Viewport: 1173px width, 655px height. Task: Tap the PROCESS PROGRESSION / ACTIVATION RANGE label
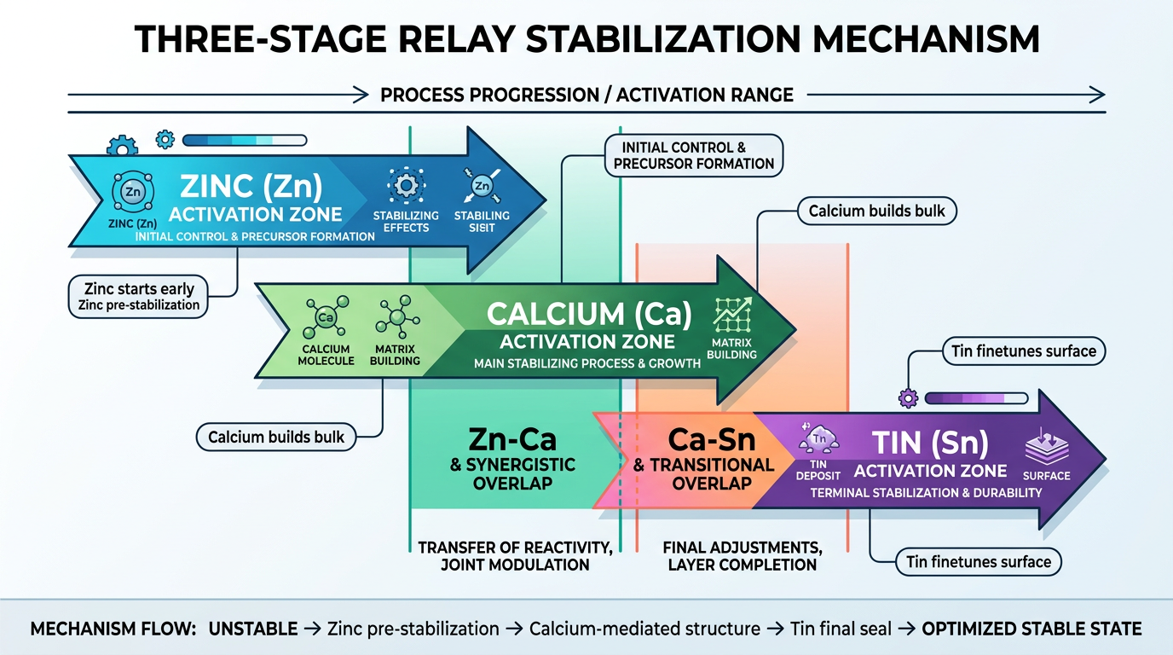pyautogui.click(x=586, y=94)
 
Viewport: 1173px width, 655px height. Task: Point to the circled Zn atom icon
pyautogui.click(x=133, y=192)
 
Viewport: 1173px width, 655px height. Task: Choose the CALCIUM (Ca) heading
pyautogui.click(x=587, y=315)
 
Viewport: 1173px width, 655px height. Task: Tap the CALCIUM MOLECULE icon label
pyautogui.click(x=325, y=355)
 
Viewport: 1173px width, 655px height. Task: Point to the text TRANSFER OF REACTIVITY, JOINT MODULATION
pyautogui.click(x=515, y=555)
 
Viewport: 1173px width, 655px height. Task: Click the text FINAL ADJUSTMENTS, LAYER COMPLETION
pyautogui.click(x=742, y=555)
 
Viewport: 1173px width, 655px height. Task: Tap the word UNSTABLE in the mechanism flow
pyautogui.click(x=253, y=629)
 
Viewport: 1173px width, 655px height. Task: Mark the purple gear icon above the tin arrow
pyautogui.click(x=907, y=397)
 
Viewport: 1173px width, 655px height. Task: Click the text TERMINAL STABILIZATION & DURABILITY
pyautogui.click(x=925, y=493)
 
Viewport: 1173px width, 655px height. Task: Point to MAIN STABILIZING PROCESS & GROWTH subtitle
pyautogui.click(x=587, y=364)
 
